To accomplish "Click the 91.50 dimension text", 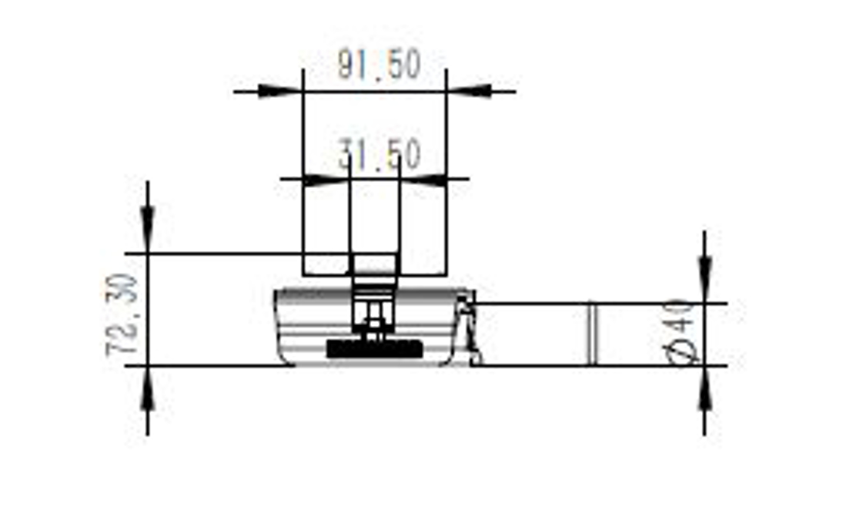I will pyautogui.click(x=380, y=65).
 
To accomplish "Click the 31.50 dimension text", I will pyautogui.click(x=380, y=157).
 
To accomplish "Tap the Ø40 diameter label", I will pyautogui.click(x=682, y=331).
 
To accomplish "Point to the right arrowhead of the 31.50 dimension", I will pyautogui.click(x=423, y=180).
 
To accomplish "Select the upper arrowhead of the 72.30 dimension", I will pyautogui.click(x=148, y=223).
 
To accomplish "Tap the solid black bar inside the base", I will pyautogui.click(x=375, y=349).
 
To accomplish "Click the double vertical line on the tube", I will pyautogui.click(x=593, y=334).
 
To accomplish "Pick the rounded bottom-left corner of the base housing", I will pyautogui.click(x=283, y=357).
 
